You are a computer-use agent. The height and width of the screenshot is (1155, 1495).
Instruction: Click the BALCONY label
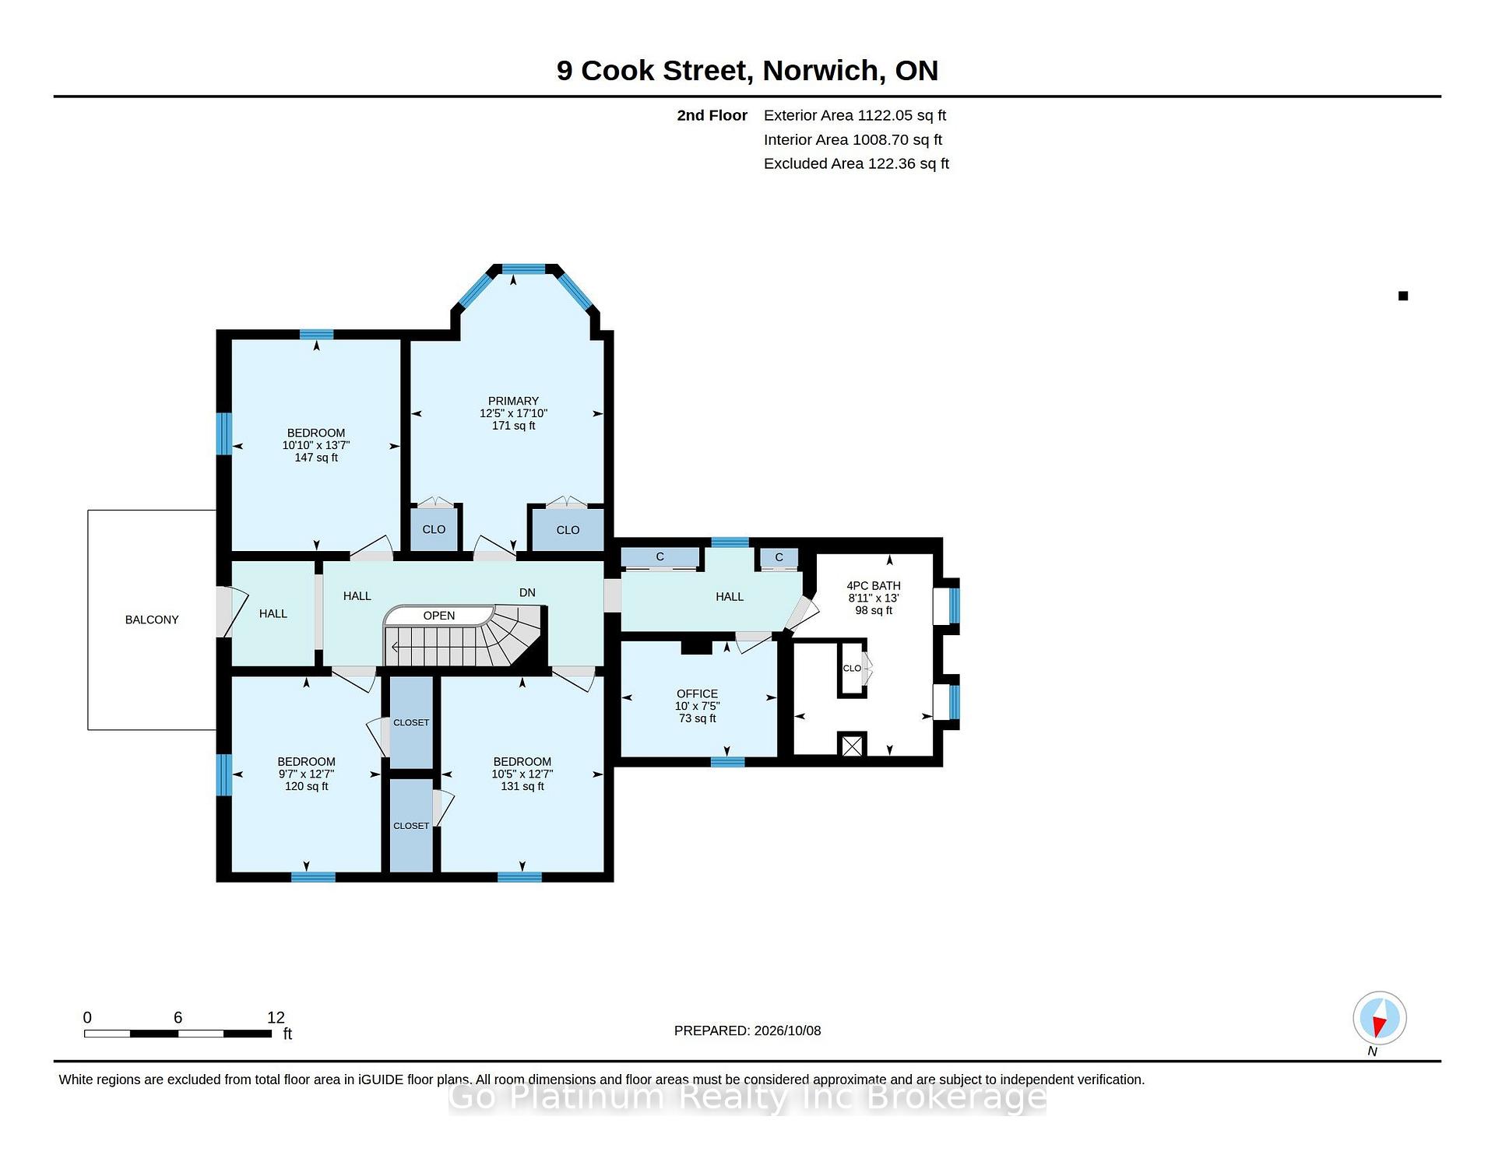(152, 620)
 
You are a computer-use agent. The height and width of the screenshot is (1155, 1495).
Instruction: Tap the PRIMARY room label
(513, 401)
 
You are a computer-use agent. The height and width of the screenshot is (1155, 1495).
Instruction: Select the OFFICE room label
(697, 693)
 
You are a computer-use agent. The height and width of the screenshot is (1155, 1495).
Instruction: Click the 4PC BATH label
(874, 585)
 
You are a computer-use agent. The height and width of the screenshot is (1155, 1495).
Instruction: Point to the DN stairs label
(527, 592)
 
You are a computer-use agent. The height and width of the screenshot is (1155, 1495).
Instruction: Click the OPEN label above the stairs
(439, 616)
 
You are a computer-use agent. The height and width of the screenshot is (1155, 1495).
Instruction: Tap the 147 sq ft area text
(316, 458)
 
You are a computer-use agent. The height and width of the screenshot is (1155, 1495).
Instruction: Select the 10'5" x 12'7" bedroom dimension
(522, 774)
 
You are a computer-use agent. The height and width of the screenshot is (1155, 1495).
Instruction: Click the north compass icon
(1380, 1018)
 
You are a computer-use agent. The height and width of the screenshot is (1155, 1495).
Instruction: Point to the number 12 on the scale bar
(276, 1017)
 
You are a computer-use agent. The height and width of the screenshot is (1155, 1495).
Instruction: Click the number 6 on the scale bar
(178, 1017)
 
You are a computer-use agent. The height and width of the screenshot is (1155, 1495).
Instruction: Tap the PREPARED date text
(747, 1030)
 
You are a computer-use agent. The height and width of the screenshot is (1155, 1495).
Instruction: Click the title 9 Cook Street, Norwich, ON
(747, 70)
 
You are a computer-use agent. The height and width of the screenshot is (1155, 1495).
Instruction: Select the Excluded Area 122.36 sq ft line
(857, 163)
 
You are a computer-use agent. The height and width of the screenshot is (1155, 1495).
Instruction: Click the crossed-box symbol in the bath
(853, 746)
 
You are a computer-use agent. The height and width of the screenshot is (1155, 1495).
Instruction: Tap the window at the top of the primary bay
(523, 269)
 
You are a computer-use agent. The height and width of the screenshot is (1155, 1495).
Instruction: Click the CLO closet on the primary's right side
(568, 530)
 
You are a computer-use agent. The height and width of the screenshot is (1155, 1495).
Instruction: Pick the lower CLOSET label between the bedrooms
(411, 826)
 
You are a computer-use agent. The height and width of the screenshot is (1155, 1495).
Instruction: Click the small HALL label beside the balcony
(273, 613)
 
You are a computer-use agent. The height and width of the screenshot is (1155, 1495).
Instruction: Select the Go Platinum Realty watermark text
(747, 1097)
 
